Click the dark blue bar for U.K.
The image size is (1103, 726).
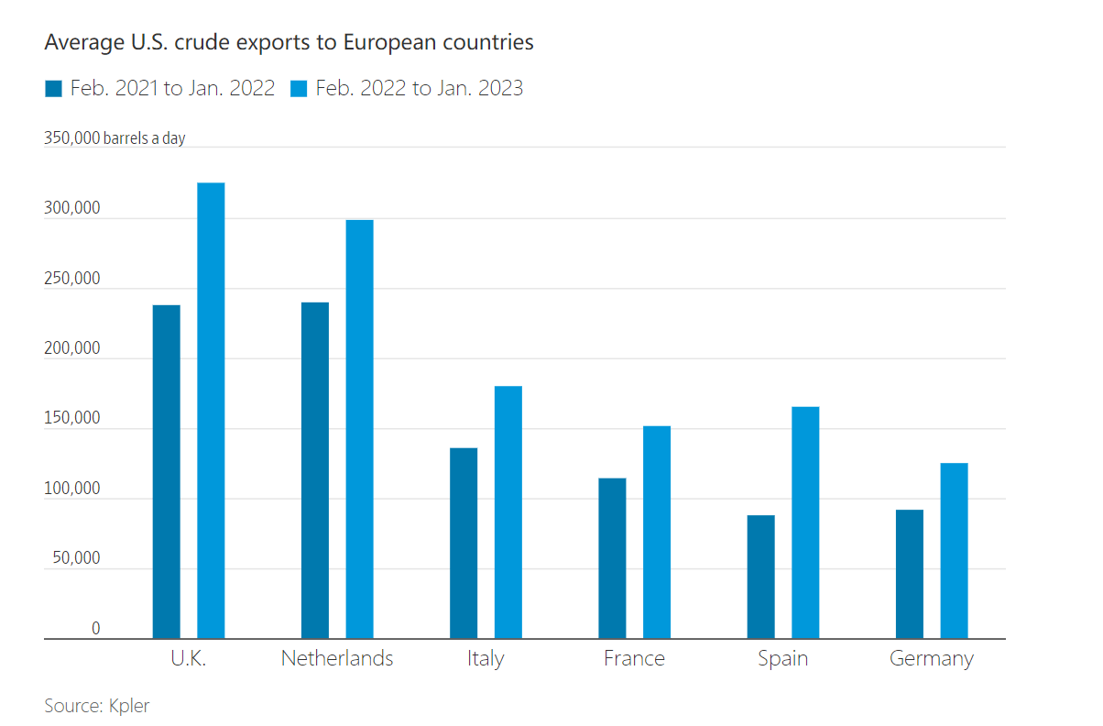point(167,471)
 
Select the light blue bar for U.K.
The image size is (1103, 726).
point(211,410)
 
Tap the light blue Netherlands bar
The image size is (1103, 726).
point(359,428)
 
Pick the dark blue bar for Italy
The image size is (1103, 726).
point(464,543)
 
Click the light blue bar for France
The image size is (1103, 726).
point(657,532)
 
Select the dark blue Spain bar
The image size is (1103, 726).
point(760,577)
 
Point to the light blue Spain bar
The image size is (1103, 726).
point(805,522)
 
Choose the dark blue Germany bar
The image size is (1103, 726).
point(910,574)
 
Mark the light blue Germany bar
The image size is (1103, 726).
point(954,550)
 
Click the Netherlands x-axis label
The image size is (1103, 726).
point(337,658)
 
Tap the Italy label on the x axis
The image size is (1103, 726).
point(486,658)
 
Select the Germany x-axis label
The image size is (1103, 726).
point(932,658)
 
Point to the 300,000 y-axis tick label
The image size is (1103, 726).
point(71,209)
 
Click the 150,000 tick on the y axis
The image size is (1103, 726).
point(71,419)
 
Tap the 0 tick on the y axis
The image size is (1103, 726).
point(95,629)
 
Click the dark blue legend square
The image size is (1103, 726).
point(53,89)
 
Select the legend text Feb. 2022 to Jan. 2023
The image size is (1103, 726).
point(420,88)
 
